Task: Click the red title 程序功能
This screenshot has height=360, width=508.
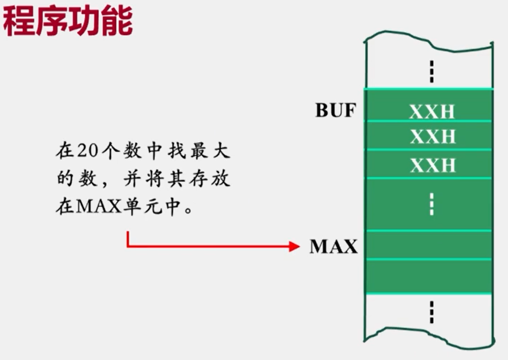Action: click(x=67, y=21)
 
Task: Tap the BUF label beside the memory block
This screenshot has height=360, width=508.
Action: click(x=336, y=110)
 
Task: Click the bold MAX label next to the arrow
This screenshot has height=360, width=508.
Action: click(x=333, y=247)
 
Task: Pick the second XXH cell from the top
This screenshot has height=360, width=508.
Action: click(x=432, y=136)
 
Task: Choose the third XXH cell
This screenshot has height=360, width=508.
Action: click(x=432, y=165)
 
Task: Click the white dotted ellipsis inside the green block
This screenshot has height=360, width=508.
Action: click(x=431, y=204)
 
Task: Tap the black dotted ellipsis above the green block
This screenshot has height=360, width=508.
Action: click(x=431, y=72)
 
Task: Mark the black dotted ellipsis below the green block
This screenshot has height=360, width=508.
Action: click(x=431, y=312)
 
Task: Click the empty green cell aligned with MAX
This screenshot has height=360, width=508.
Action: click(x=428, y=245)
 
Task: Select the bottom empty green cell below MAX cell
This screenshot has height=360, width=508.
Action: click(x=428, y=276)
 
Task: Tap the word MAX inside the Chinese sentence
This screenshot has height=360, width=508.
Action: click(x=99, y=207)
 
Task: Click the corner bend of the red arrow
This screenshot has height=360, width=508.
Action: click(x=128, y=246)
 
